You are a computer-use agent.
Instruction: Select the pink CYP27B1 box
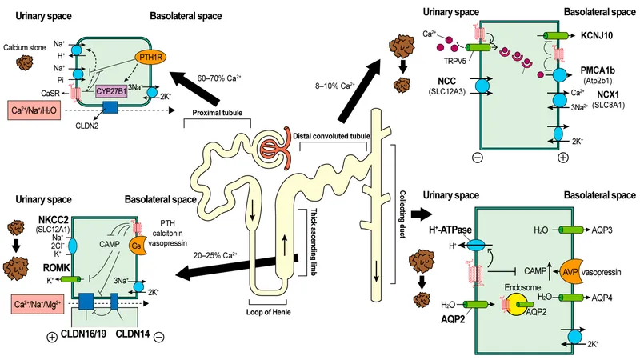coord(115,91)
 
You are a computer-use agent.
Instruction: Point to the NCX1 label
coord(609,93)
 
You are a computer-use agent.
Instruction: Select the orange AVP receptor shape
coord(574,271)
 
